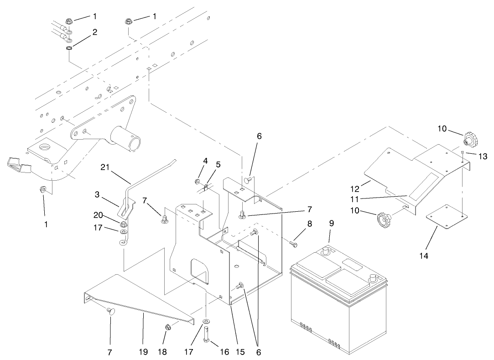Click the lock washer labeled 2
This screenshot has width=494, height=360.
[69, 48]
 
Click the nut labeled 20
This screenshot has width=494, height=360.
[124, 224]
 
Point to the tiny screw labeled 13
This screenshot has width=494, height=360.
[463, 152]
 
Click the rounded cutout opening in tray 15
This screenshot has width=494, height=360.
[199, 269]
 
